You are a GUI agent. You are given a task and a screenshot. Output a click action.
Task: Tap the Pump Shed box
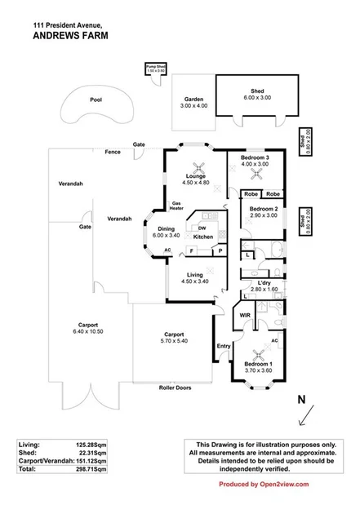pyautogui.click(x=155, y=69)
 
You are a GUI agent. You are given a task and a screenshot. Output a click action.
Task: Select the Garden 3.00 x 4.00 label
pyautogui.click(x=193, y=103)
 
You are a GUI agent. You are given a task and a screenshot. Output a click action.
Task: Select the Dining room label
pyautogui.click(x=166, y=232)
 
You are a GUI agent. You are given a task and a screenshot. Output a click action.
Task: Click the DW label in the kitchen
pyautogui.click(x=202, y=228)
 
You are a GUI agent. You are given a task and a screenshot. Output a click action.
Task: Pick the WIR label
pyautogui.click(x=244, y=314)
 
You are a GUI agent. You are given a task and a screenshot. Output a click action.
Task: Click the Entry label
pyautogui.click(x=224, y=346)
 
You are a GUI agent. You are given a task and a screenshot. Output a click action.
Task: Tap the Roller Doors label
pyautogui.click(x=175, y=388)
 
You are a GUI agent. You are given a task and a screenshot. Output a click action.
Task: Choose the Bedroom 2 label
pyautogui.click(x=264, y=210)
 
